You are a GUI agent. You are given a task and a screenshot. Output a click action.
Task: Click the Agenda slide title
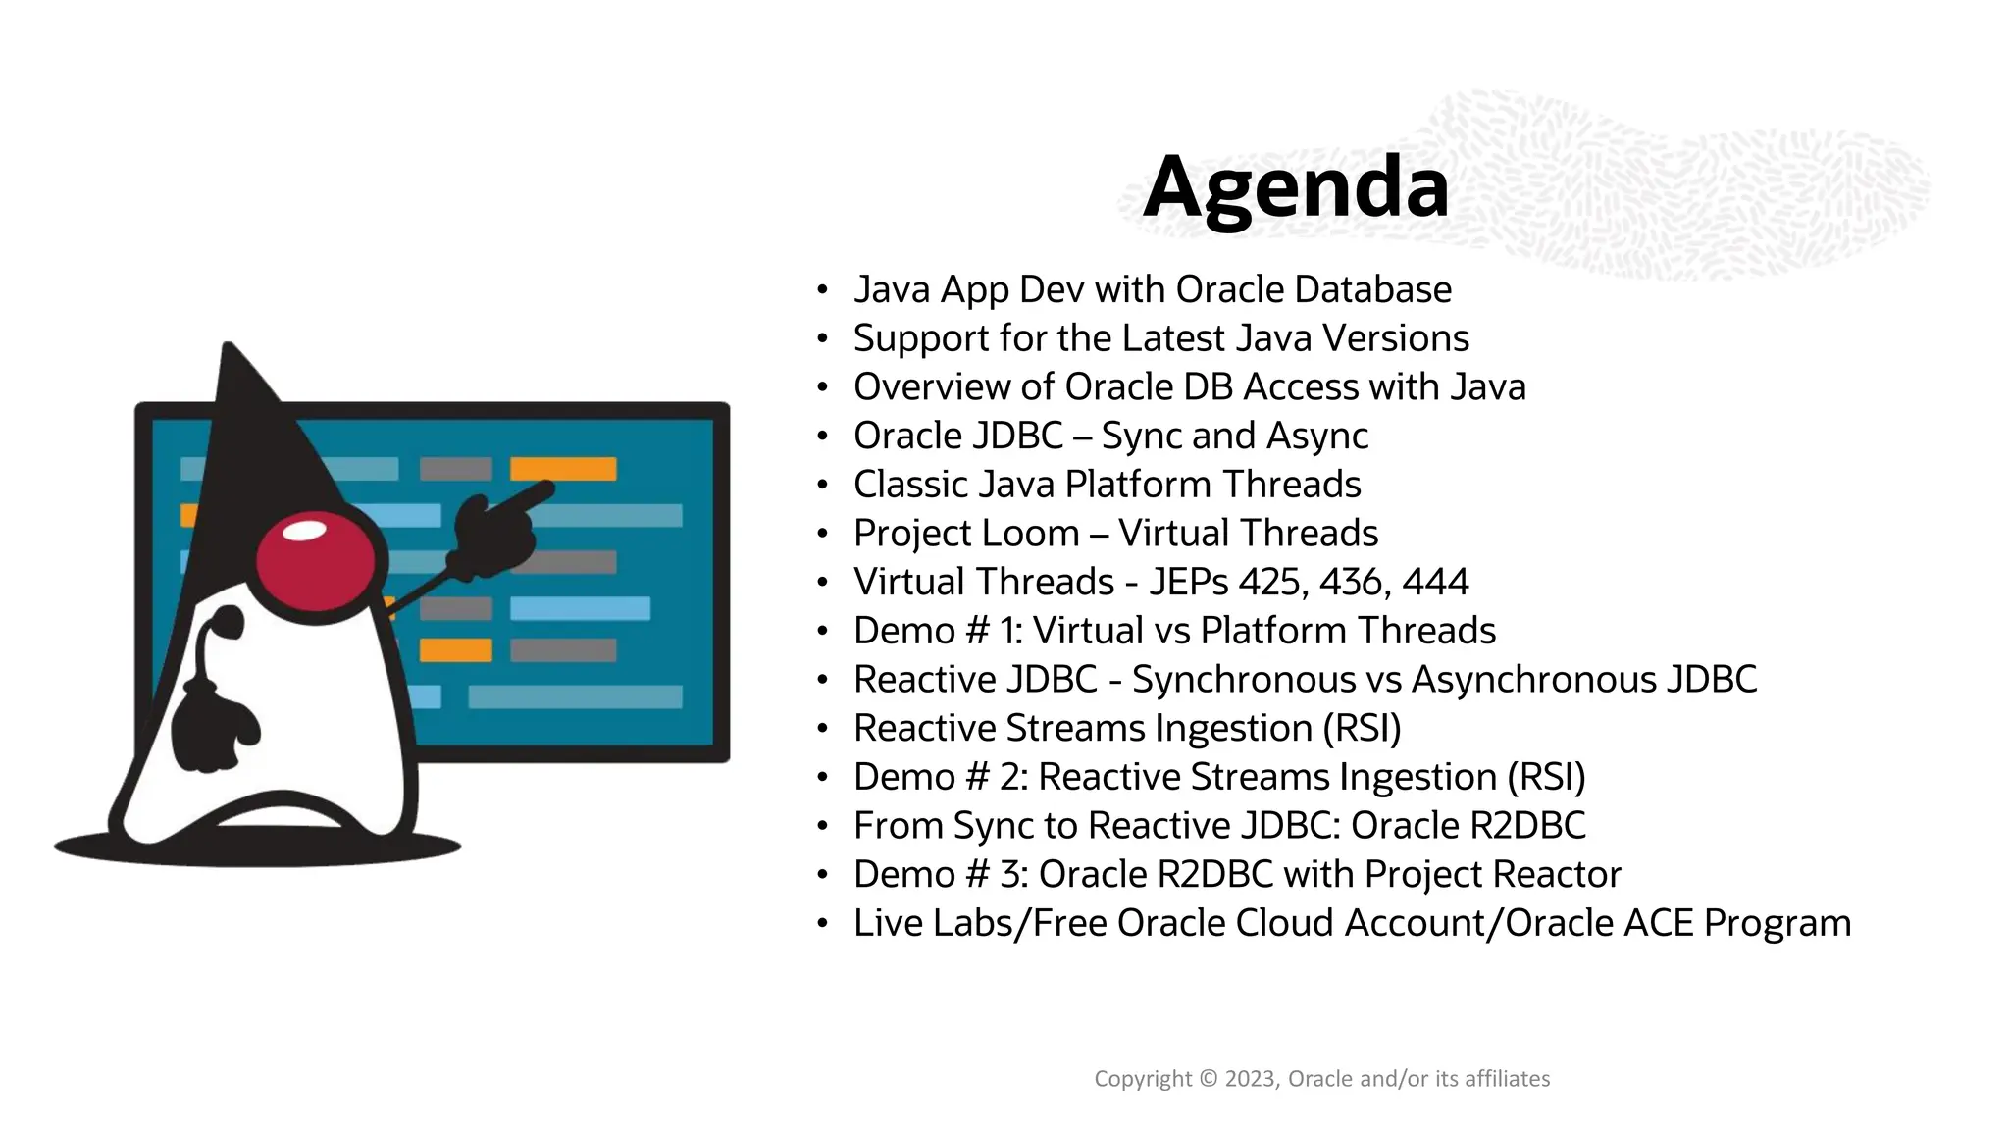[x=1296, y=187]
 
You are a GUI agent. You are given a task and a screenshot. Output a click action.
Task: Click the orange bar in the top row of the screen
[x=563, y=469]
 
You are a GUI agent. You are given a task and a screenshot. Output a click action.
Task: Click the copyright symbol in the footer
[x=1208, y=1079]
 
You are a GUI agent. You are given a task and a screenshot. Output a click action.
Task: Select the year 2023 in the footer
[x=1251, y=1079]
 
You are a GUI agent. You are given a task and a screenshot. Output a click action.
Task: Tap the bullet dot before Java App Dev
[x=822, y=290]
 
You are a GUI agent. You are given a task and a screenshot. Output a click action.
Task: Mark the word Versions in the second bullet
[x=1395, y=338]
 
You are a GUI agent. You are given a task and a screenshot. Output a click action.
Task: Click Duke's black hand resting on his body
[x=216, y=726]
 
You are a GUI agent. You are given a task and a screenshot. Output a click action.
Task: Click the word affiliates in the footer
[x=1507, y=1079]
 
